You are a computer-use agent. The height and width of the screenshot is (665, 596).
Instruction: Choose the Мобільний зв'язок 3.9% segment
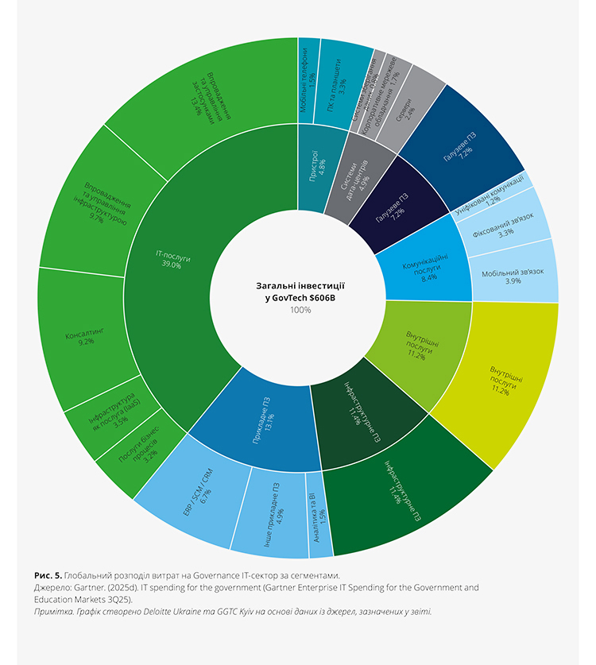coord(514,275)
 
